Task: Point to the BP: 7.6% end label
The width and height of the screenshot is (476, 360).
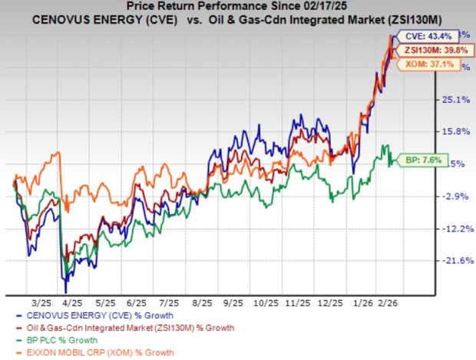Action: point(415,161)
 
